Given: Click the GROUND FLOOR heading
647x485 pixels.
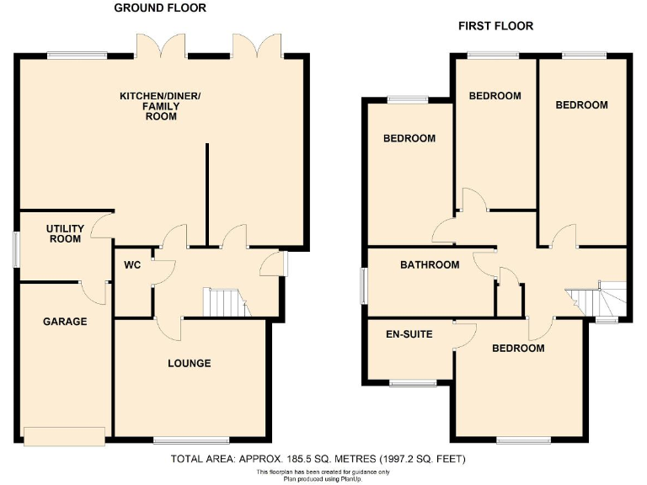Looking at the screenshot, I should (160, 8).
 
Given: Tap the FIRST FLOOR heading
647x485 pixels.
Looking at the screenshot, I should (495, 26).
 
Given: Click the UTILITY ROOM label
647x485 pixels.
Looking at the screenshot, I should (64, 233).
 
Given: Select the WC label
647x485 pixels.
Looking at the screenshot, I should (132, 265).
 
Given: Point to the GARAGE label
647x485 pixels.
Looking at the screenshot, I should (65, 321).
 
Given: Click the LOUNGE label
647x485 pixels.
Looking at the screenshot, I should (189, 364).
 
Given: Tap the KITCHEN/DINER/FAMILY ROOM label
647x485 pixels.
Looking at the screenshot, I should (160, 107).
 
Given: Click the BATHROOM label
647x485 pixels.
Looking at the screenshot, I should (430, 265).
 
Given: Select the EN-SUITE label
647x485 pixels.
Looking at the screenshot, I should (409, 334).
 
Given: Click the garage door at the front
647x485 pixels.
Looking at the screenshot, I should (65, 435).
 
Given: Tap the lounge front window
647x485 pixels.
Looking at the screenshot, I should (191, 440).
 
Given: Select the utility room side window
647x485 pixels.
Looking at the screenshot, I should (16, 250).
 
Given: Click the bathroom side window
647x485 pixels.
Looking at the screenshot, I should (364, 286).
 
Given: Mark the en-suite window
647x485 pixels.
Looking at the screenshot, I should (413, 382).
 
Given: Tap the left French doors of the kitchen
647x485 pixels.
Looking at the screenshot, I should (161, 46).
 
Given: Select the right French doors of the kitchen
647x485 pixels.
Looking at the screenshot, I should (257, 46).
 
